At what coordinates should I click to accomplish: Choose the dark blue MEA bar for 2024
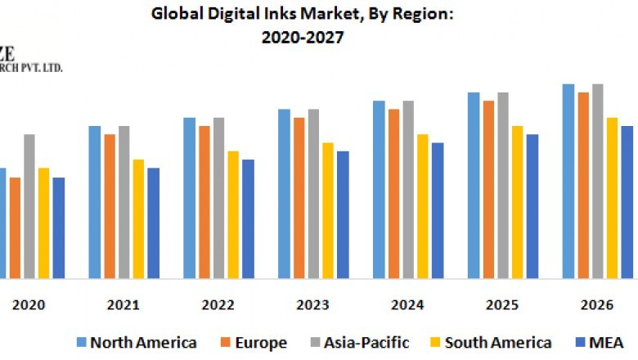[438, 210]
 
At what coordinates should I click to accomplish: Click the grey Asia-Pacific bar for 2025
[503, 185]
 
